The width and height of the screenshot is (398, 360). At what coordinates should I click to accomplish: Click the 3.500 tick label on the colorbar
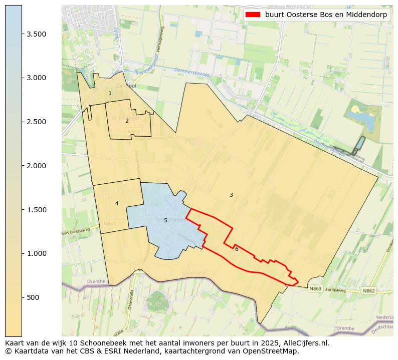pos(37,34)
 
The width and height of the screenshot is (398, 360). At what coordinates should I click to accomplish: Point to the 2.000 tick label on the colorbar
pos(37,166)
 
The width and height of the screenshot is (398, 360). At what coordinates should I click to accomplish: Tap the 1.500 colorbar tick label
pos(37,210)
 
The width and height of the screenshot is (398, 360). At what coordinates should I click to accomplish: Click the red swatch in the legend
pos(253,15)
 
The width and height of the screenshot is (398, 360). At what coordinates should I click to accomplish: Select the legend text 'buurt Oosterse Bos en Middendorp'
pos(326,15)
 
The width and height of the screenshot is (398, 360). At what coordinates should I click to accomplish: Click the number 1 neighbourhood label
pos(110,94)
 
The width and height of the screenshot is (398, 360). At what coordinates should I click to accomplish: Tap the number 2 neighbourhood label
pos(127,121)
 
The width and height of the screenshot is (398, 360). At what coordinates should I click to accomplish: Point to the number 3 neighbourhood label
pos(231,195)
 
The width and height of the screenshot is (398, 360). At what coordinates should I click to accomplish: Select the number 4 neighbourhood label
pos(117,203)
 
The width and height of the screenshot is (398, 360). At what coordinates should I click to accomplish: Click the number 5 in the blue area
pos(165,220)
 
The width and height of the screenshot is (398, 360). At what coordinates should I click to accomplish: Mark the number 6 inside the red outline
pos(237,249)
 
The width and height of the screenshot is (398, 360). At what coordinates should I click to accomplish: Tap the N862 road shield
pos(368,290)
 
